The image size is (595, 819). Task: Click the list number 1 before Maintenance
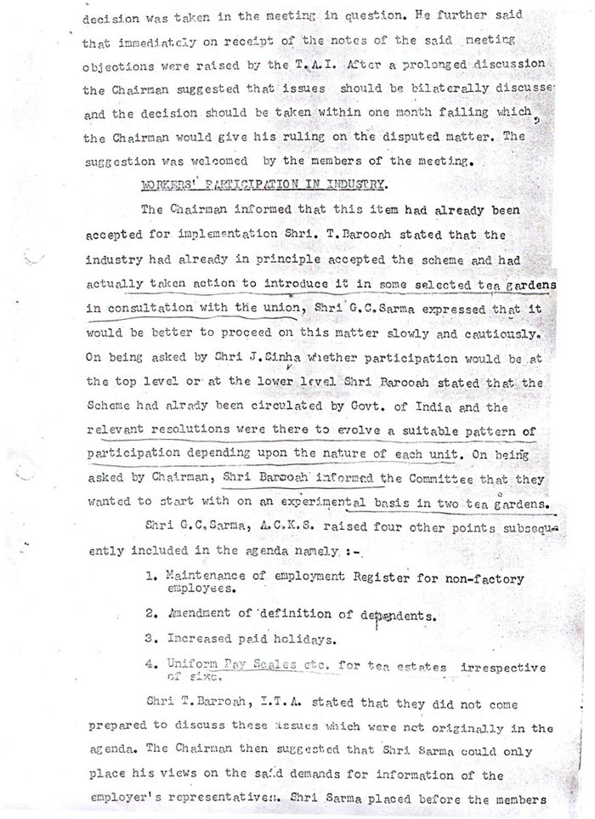pos(150,577)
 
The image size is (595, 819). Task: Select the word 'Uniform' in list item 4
pos(193,663)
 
